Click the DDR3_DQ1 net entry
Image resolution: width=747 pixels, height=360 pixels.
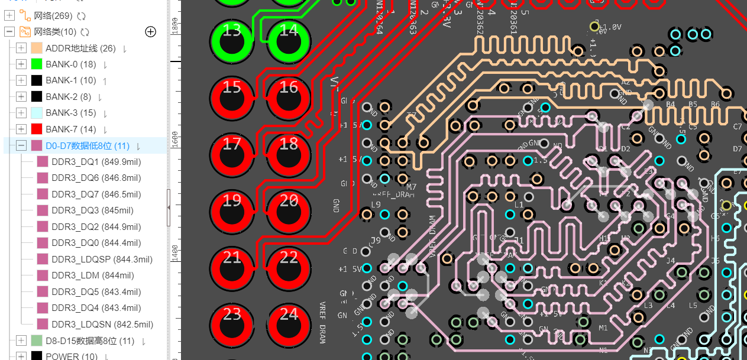pos(96,161)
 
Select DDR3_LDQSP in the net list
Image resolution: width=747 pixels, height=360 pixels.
pos(102,259)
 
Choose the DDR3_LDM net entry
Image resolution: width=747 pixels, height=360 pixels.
pos(92,275)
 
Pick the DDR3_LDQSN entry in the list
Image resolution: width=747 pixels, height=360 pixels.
pos(102,324)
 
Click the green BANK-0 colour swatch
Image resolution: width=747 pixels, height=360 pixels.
pos(37,64)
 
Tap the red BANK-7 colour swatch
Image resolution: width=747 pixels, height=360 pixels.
pos(37,129)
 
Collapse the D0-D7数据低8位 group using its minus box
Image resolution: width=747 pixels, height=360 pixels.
pos(21,145)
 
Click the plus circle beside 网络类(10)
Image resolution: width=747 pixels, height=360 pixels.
pos(151,32)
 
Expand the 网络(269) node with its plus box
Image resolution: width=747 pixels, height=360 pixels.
pos(9,15)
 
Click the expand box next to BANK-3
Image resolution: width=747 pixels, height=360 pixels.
pos(21,113)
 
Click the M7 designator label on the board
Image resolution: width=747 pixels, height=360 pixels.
pos(411,187)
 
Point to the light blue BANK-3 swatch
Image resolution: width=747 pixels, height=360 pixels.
pos(37,113)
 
